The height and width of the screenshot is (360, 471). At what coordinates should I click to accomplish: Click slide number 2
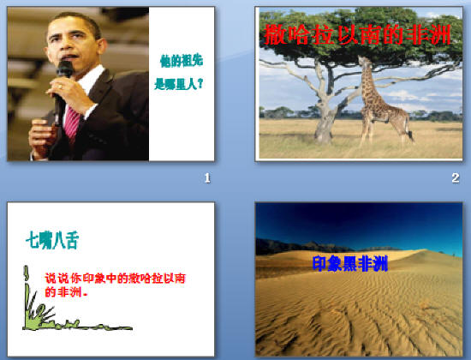point(455,177)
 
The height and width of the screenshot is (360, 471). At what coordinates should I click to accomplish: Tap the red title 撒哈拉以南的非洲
point(359,35)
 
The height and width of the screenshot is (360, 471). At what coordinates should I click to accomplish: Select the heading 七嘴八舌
point(52,239)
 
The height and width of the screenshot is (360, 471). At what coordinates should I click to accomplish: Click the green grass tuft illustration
point(34,317)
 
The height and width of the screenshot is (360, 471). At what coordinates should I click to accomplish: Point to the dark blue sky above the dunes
point(360,219)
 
